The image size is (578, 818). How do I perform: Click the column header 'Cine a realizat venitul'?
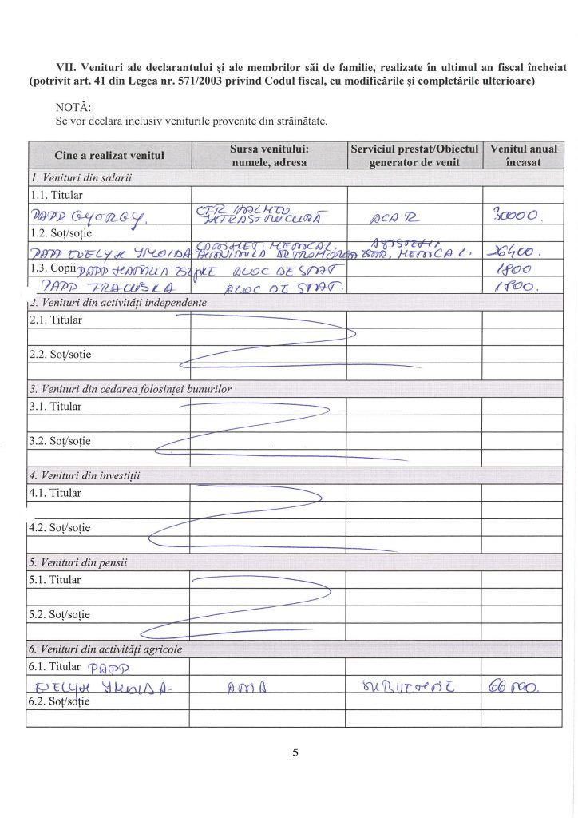109,155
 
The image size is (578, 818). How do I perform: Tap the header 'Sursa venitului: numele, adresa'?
269,155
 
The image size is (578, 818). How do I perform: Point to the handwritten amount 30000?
520,215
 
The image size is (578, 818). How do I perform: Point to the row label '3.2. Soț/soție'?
60,441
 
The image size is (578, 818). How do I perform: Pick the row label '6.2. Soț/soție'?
60,701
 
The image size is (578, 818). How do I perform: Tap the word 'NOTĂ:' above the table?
74,106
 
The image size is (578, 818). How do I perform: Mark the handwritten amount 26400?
520,252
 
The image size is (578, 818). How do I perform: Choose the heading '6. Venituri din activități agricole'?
106,649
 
